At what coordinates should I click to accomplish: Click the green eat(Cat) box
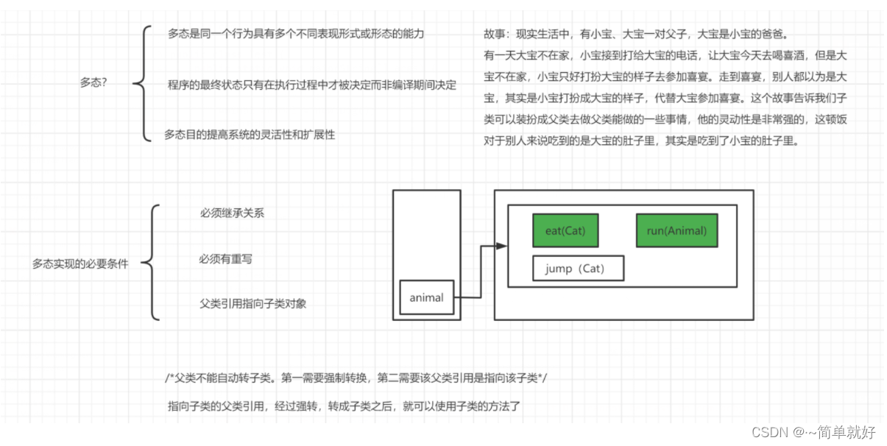pyautogui.click(x=565, y=230)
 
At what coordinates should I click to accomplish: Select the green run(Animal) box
pyautogui.click(x=676, y=230)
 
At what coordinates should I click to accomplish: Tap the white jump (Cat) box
pyautogui.click(x=578, y=269)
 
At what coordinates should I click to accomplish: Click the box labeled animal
pyautogui.click(x=427, y=298)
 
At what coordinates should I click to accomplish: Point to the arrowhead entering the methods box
pyautogui.click(x=503, y=247)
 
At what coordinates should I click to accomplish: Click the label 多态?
pyautogui.click(x=93, y=82)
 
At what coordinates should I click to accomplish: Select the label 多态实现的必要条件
pyautogui.click(x=80, y=263)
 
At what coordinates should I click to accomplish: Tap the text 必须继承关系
pyautogui.click(x=232, y=213)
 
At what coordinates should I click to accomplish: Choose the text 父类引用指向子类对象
pyautogui.click(x=252, y=303)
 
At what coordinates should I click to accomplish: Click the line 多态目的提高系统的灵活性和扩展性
pyautogui.click(x=249, y=135)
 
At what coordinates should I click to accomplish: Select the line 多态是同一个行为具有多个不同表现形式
pyautogui.click(x=296, y=33)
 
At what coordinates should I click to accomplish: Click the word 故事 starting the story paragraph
pyautogui.click(x=494, y=35)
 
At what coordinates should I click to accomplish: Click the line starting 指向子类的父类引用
pyautogui.click(x=344, y=406)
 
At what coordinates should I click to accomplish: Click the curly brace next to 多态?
pyautogui.click(x=141, y=83)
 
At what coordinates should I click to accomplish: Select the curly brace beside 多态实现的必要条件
pyautogui.click(x=150, y=263)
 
